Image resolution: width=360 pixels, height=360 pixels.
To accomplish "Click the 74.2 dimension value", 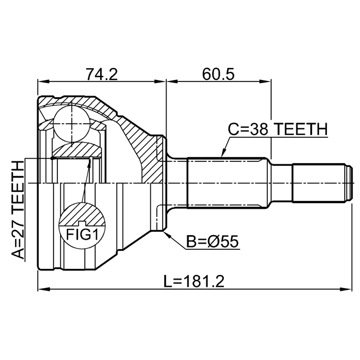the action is point(102,74).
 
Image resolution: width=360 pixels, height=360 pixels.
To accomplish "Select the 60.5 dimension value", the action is point(218,74).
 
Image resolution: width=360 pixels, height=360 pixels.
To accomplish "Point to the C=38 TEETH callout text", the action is point(278,129).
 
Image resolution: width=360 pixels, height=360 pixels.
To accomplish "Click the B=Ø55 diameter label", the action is point(213,241).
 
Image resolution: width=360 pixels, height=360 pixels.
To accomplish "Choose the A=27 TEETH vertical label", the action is point(18,210).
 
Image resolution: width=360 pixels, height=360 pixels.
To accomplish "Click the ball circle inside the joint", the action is point(71,124).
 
